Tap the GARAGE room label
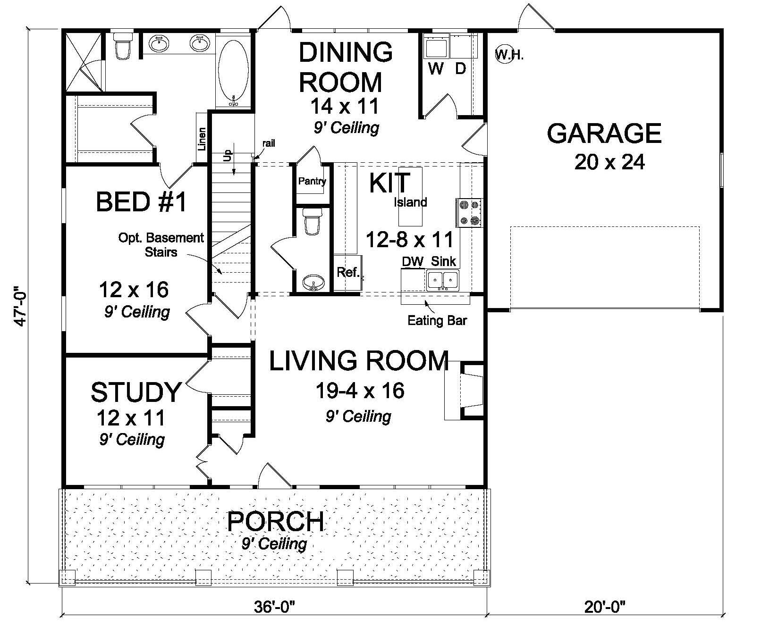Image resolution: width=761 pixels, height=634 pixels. [604, 133]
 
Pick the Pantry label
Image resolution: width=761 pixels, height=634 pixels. [312, 181]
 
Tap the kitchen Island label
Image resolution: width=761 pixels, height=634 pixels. [410, 202]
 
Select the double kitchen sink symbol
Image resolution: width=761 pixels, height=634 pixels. [443, 280]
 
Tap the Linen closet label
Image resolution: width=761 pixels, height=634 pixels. [202, 139]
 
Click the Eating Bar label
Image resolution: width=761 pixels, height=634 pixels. [437, 321]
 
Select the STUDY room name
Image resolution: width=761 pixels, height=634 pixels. [135, 392]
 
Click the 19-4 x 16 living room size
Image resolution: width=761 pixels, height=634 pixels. [359, 391]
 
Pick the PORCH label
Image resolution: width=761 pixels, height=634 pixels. [275, 522]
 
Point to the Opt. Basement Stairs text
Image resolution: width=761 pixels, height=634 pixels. [161, 244]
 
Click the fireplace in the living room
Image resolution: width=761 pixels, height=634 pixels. [465, 391]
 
